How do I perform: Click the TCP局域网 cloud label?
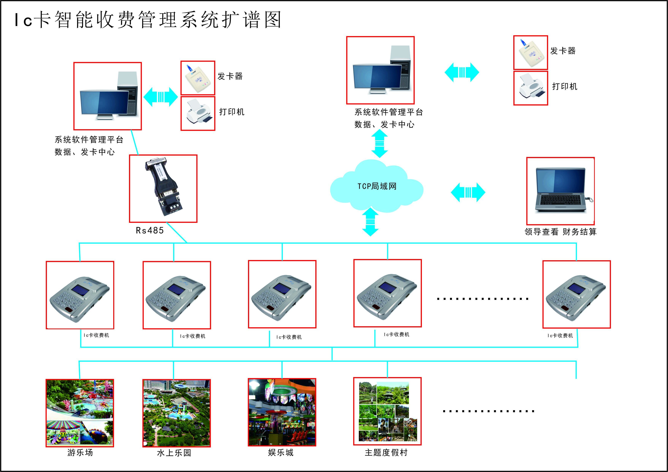pos(377,186)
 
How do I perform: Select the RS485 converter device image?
pos(163,188)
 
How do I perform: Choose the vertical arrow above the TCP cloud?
pos(380,143)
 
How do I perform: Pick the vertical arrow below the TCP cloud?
pos(370,221)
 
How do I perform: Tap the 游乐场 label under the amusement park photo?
pos(80,452)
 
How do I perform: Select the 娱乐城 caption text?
pos(281,452)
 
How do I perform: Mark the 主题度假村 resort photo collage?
pos(387,411)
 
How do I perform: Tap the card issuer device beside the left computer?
pos(198,78)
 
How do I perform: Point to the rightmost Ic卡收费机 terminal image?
pos(576,294)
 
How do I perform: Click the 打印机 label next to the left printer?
pos(232,112)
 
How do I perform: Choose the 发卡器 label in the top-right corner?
pos(563,51)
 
